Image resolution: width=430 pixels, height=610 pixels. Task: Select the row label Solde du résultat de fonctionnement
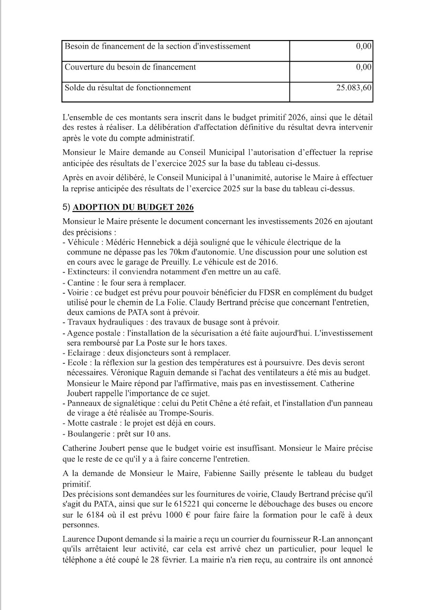tap(128, 88)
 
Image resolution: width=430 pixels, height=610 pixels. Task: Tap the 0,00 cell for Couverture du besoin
tap(364, 67)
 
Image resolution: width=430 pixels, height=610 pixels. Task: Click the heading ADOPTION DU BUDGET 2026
tap(133, 208)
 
